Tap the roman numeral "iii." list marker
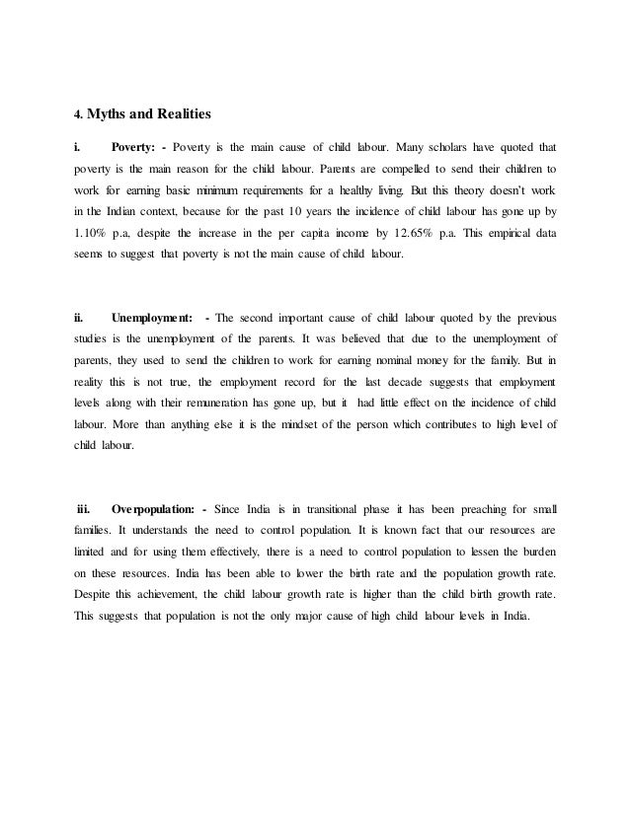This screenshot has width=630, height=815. [83, 509]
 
